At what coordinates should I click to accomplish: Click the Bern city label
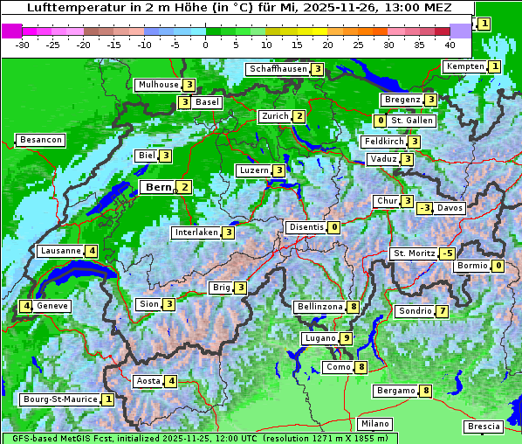pyautogui.click(x=158, y=187)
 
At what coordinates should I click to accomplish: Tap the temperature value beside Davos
pyautogui.click(x=424, y=208)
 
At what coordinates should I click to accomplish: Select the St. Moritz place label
pyautogui.click(x=414, y=253)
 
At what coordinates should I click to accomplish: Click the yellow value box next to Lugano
pyautogui.click(x=347, y=338)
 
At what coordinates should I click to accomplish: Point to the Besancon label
pyautogui.click(x=40, y=140)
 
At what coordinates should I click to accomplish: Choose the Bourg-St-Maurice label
pyautogui.click(x=59, y=399)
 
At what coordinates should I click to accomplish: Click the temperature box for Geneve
pyautogui.click(x=27, y=306)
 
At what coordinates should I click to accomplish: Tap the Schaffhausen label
pyautogui.click(x=278, y=69)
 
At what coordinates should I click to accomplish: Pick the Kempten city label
pyautogui.click(x=464, y=66)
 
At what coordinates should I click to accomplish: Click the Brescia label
pyautogui.click(x=484, y=427)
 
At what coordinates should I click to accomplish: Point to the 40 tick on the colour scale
pyautogui.click(x=450, y=44)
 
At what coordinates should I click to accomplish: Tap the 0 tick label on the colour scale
pyautogui.click(x=205, y=44)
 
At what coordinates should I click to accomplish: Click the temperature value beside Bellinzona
pyautogui.click(x=353, y=307)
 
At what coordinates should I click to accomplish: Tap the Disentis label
pyautogui.click(x=306, y=227)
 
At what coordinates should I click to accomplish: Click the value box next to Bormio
pyautogui.click(x=498, y=266)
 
